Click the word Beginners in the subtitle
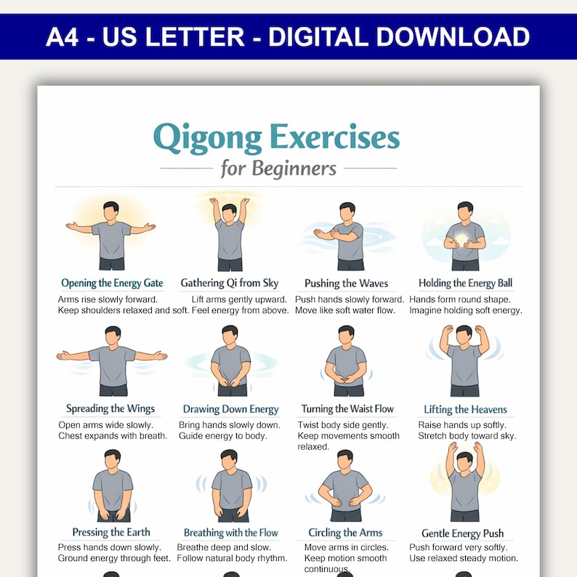pyautogui.click(x=294, y=169)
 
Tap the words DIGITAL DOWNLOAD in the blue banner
pyautogui.click(x=399, y=36)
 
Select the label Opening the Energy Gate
pyautogui.click(x=112, y=283)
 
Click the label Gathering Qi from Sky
pyautogui.click(x=230, y=283)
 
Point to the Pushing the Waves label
pyautogui.click(x=346, y=283)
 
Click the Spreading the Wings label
pyautogui.click(x=110, y=408)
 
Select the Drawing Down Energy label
pyautogui.click(x=230, y=409)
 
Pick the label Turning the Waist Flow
pyautogui.click(x=347, y=409)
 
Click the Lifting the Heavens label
pyautogui.click(x=465, y=409)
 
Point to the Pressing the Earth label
pyautogui.click(x=111, y=533)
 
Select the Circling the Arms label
pyautogui.click(x=345, y=533)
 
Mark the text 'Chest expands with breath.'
pyautogui.click(x=113, y=436)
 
